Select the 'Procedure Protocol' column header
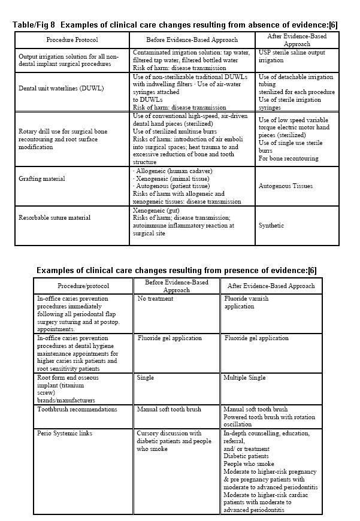[x=72, y=40]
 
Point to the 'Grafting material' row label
[x=42, y=178]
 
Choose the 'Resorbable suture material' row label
[x=55, y=217]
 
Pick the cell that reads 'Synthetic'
[x=271, y=226]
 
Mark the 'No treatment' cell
[x=155, y=298]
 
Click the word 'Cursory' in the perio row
[x=151, y=433]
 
